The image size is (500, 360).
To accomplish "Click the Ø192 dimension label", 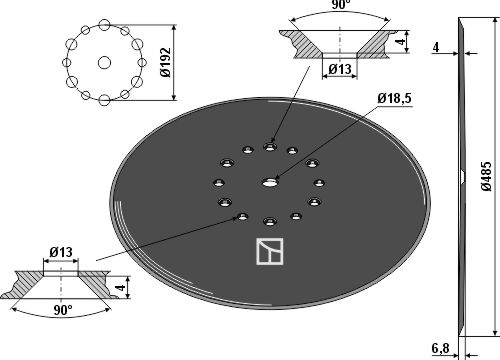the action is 166,62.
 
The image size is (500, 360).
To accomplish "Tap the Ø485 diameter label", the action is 486,176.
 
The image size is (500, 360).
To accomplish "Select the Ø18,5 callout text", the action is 394,99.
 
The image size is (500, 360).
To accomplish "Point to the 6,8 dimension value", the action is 440,349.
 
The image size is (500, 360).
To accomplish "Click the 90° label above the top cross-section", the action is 340,5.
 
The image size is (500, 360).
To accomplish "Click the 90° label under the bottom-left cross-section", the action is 63,311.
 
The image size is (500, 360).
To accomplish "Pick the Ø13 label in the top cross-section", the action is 340,69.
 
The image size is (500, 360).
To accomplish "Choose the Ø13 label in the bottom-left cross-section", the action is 61,252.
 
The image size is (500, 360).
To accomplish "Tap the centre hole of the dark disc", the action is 270,182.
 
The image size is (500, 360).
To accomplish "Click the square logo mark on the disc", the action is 270,252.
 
